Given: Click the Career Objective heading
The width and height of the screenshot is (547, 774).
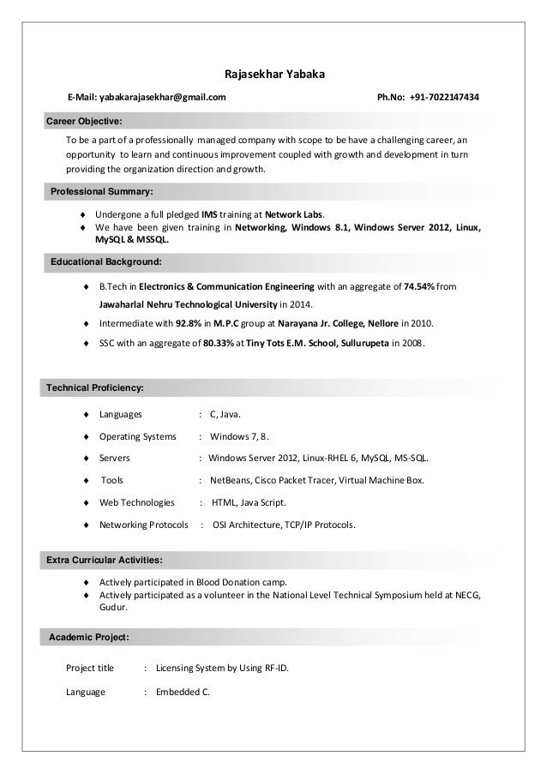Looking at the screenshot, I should pos(84,121).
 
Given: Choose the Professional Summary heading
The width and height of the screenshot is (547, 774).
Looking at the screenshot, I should pos(101,189).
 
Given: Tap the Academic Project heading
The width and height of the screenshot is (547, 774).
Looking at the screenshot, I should pos(90,638).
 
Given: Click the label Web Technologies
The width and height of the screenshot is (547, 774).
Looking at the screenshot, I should pos(137,502).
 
